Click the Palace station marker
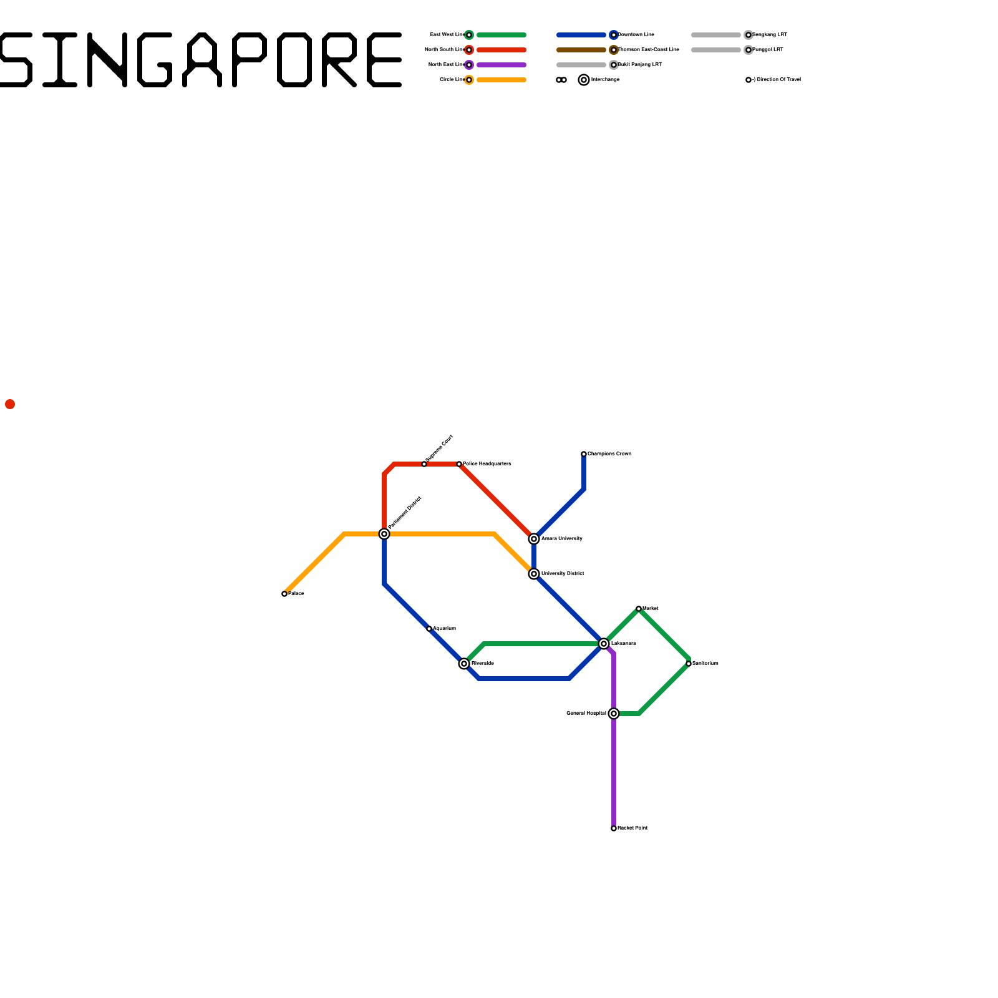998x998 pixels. pyautogui.click(x=284, y=594)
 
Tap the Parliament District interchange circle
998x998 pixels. pyautogui.click(x=384, y=534)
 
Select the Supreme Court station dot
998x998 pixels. pyautogui.click(x=424, y=464)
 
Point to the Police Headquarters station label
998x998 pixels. pyautogui.click(x=487, y=464)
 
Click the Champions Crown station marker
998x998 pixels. pyautogui.click(x=584, y=454)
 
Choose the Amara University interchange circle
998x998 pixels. pyautogui.click(x=534, y=539)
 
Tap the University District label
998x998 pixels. pyautogui.click(x=563, y=574)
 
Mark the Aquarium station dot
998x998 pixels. pyautogui.click(x=429, y=629)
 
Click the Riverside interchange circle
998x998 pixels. pyautogui.click(x=464, y=664)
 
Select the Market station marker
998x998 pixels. pyautogui.click(x=639, y=609)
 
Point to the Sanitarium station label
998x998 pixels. pyautogui.click(x=705, y=664)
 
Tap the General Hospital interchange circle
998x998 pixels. pyautogui.click(x=614, y=714)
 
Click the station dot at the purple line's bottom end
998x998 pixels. pyautogui.click(x=614, y=828)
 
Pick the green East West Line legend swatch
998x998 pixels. pyautogui.click(x=501, y=35)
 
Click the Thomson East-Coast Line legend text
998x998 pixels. pyautogui.click(x=649, y=50)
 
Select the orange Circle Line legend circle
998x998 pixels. pyautogui.click(x=469, y=80)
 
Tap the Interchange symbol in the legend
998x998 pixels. pyautogui.click(x=584, y=80)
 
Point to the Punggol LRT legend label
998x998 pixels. pyautogui.click(x=768, y=50)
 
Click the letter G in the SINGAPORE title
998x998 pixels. pyautogui.click(x=155, y=60)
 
